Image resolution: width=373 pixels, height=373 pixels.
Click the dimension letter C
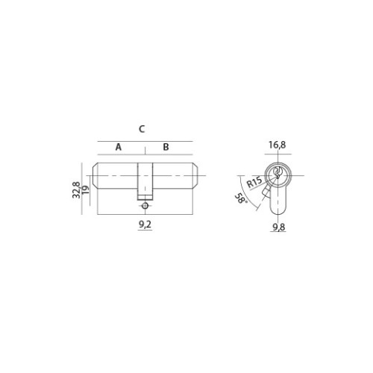pyautogui.click(x=142, y=129)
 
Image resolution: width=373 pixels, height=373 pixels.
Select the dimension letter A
pyautogui.click(x=119, y=147)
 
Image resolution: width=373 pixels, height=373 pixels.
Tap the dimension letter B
pyautogui.click(x=166, y=147)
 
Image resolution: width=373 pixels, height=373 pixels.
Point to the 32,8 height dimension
pyautogui.click(x=76, y=190)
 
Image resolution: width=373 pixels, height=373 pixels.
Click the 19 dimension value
pyautogui.click(x=85, y=189)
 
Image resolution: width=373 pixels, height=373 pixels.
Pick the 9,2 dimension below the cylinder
pyautogui.click(x=145, y=225)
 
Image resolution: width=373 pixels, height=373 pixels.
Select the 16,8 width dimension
pyautogui.click(x=278, y=145)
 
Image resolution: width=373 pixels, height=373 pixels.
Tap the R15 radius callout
pyautogui.click(x=254, y=182)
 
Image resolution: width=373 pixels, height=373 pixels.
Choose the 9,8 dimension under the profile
pyautogui.click(x=279, y=227)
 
